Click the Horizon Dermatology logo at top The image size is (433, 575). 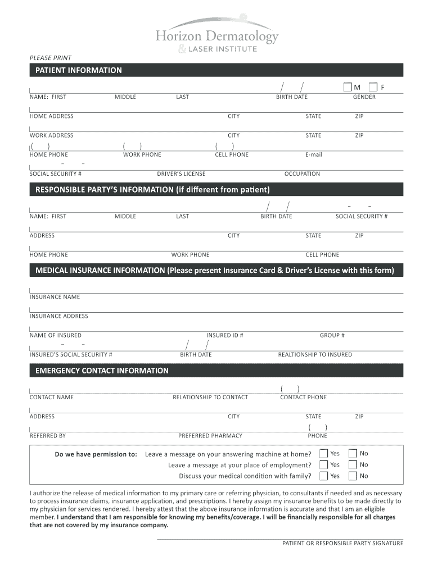216,35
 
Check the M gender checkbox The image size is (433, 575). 347,87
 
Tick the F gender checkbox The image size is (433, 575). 373,87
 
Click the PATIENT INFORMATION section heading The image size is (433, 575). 79,70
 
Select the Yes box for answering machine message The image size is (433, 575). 323,453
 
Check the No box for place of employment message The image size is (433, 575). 353,464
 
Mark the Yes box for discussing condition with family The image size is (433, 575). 323,476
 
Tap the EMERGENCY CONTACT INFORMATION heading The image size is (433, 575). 102,371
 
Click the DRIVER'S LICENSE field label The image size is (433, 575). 181,174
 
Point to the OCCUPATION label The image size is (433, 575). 302,174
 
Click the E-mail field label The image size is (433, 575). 314,154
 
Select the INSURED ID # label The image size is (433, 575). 225,335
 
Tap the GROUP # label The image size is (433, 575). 332,335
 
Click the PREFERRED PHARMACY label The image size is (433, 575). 210,435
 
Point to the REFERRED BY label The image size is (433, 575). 48,435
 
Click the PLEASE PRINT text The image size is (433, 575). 51,58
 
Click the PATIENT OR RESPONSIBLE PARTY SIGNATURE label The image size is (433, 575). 342,543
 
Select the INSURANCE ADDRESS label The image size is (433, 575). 59,316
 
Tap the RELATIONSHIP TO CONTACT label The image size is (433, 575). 210,397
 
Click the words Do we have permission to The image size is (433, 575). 96,454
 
